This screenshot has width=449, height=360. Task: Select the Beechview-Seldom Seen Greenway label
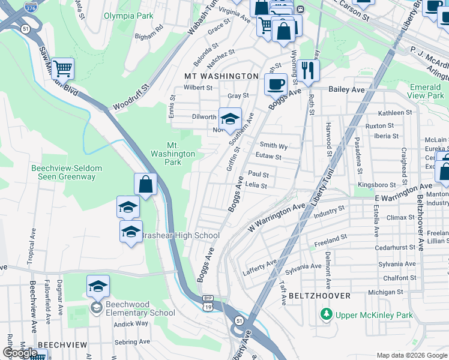point(63,173)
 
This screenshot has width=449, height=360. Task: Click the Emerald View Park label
point(426,91)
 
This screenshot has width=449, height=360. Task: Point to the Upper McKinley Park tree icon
point(326,314)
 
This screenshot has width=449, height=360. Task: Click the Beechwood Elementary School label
point(140,308)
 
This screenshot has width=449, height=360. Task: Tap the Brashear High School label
point(180,236)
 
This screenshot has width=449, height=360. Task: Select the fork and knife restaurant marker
point(308,71)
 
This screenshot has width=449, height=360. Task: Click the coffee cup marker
point(276,84)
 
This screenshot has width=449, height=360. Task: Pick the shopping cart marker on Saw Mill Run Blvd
point(62,68)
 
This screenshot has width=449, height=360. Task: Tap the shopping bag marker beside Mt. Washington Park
point(145,184)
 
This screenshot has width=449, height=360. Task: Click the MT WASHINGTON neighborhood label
point(221,76)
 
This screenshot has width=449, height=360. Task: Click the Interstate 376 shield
point(30,7)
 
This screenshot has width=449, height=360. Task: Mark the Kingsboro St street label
point(376,185)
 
